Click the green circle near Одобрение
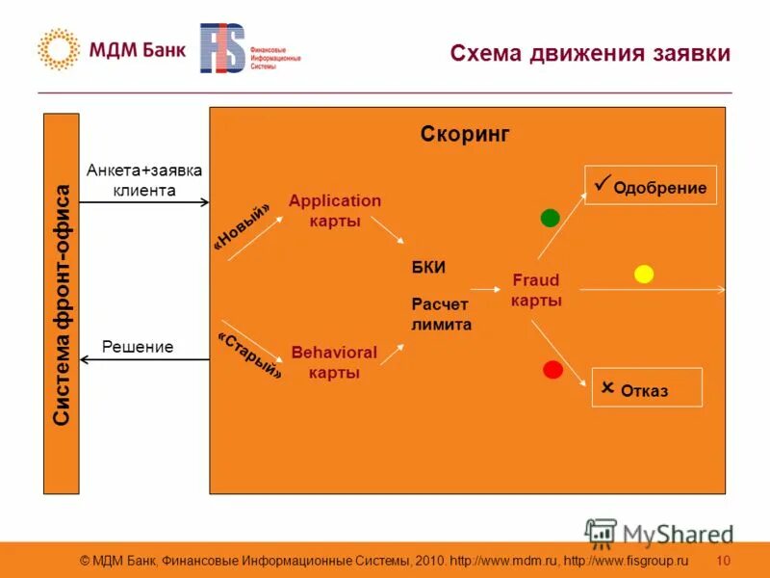[x=550, y=218]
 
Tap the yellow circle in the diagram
[x=644, y=274]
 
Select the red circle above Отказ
[x=552, y=369]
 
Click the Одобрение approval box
[x=651, y=185]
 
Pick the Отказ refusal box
[x=646, y=387]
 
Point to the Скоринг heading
[x=465, y=135]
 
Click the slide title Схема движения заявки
[x=590, y=53]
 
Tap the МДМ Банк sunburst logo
[x=58, y=50]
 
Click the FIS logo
[x=222, y=48]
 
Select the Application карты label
[x=335, y=211]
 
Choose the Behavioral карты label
[x=334, y=362]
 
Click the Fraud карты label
[x=536, y=290]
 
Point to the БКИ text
[x=429, y=267]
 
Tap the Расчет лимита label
[x=442, y=314]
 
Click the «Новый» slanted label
[x=242, y=224]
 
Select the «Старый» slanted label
[x=250, y=355]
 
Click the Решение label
[x=138, y=347]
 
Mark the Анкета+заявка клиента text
[x=144, y=180]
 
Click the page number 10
[x=724, y=560]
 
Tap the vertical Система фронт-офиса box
[x=62, y=303]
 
